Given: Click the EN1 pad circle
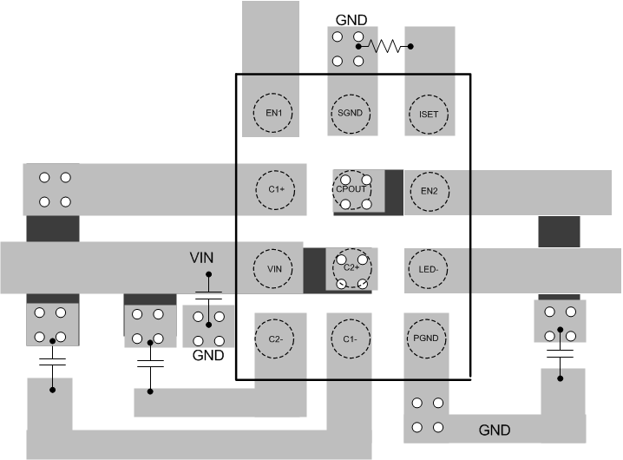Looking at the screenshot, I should (x=274, y=112).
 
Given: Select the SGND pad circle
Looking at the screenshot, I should (x=351, y=112).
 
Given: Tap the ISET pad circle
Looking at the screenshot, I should (x=427, y=112).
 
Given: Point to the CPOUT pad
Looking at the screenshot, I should (x=352, y=189).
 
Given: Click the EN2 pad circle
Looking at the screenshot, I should (x=427, y=190).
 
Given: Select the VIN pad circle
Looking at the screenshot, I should (x=274, y=267).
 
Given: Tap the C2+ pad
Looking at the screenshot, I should (x=351, y=268).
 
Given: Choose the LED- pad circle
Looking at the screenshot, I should (x=427, y=267).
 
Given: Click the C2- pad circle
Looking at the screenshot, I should (x=274, y=338).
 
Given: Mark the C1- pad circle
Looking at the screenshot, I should (x=351, y=338).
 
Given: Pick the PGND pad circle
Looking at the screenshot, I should (x=427, y=338).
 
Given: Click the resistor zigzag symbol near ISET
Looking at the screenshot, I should (x=384, y=46).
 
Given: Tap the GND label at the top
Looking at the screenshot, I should (x=351, y=19).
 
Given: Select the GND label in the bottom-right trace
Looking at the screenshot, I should (x=495, y=430).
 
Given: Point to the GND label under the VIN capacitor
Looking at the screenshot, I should (x=208, y=356).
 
